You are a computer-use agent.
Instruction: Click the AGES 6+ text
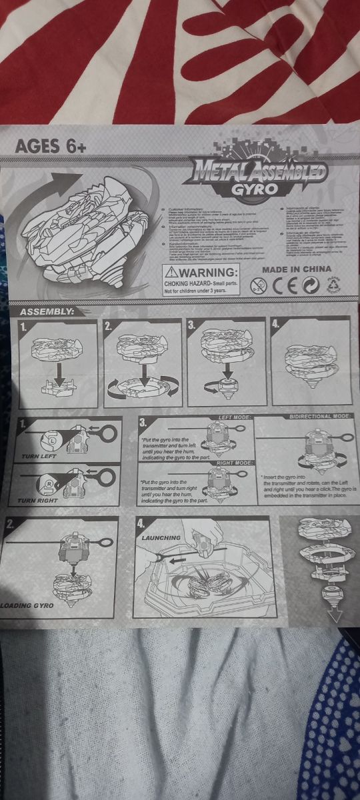coord(51,146)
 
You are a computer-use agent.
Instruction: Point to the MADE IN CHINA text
coord(296,269)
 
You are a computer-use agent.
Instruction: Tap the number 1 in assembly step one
coord(24,327)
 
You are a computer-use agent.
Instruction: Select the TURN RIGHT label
coord(37,499)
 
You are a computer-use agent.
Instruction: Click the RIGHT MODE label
coord(235,462)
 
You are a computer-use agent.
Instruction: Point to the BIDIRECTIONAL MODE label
coord(319,416)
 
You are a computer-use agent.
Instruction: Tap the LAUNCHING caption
coord(160,537)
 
